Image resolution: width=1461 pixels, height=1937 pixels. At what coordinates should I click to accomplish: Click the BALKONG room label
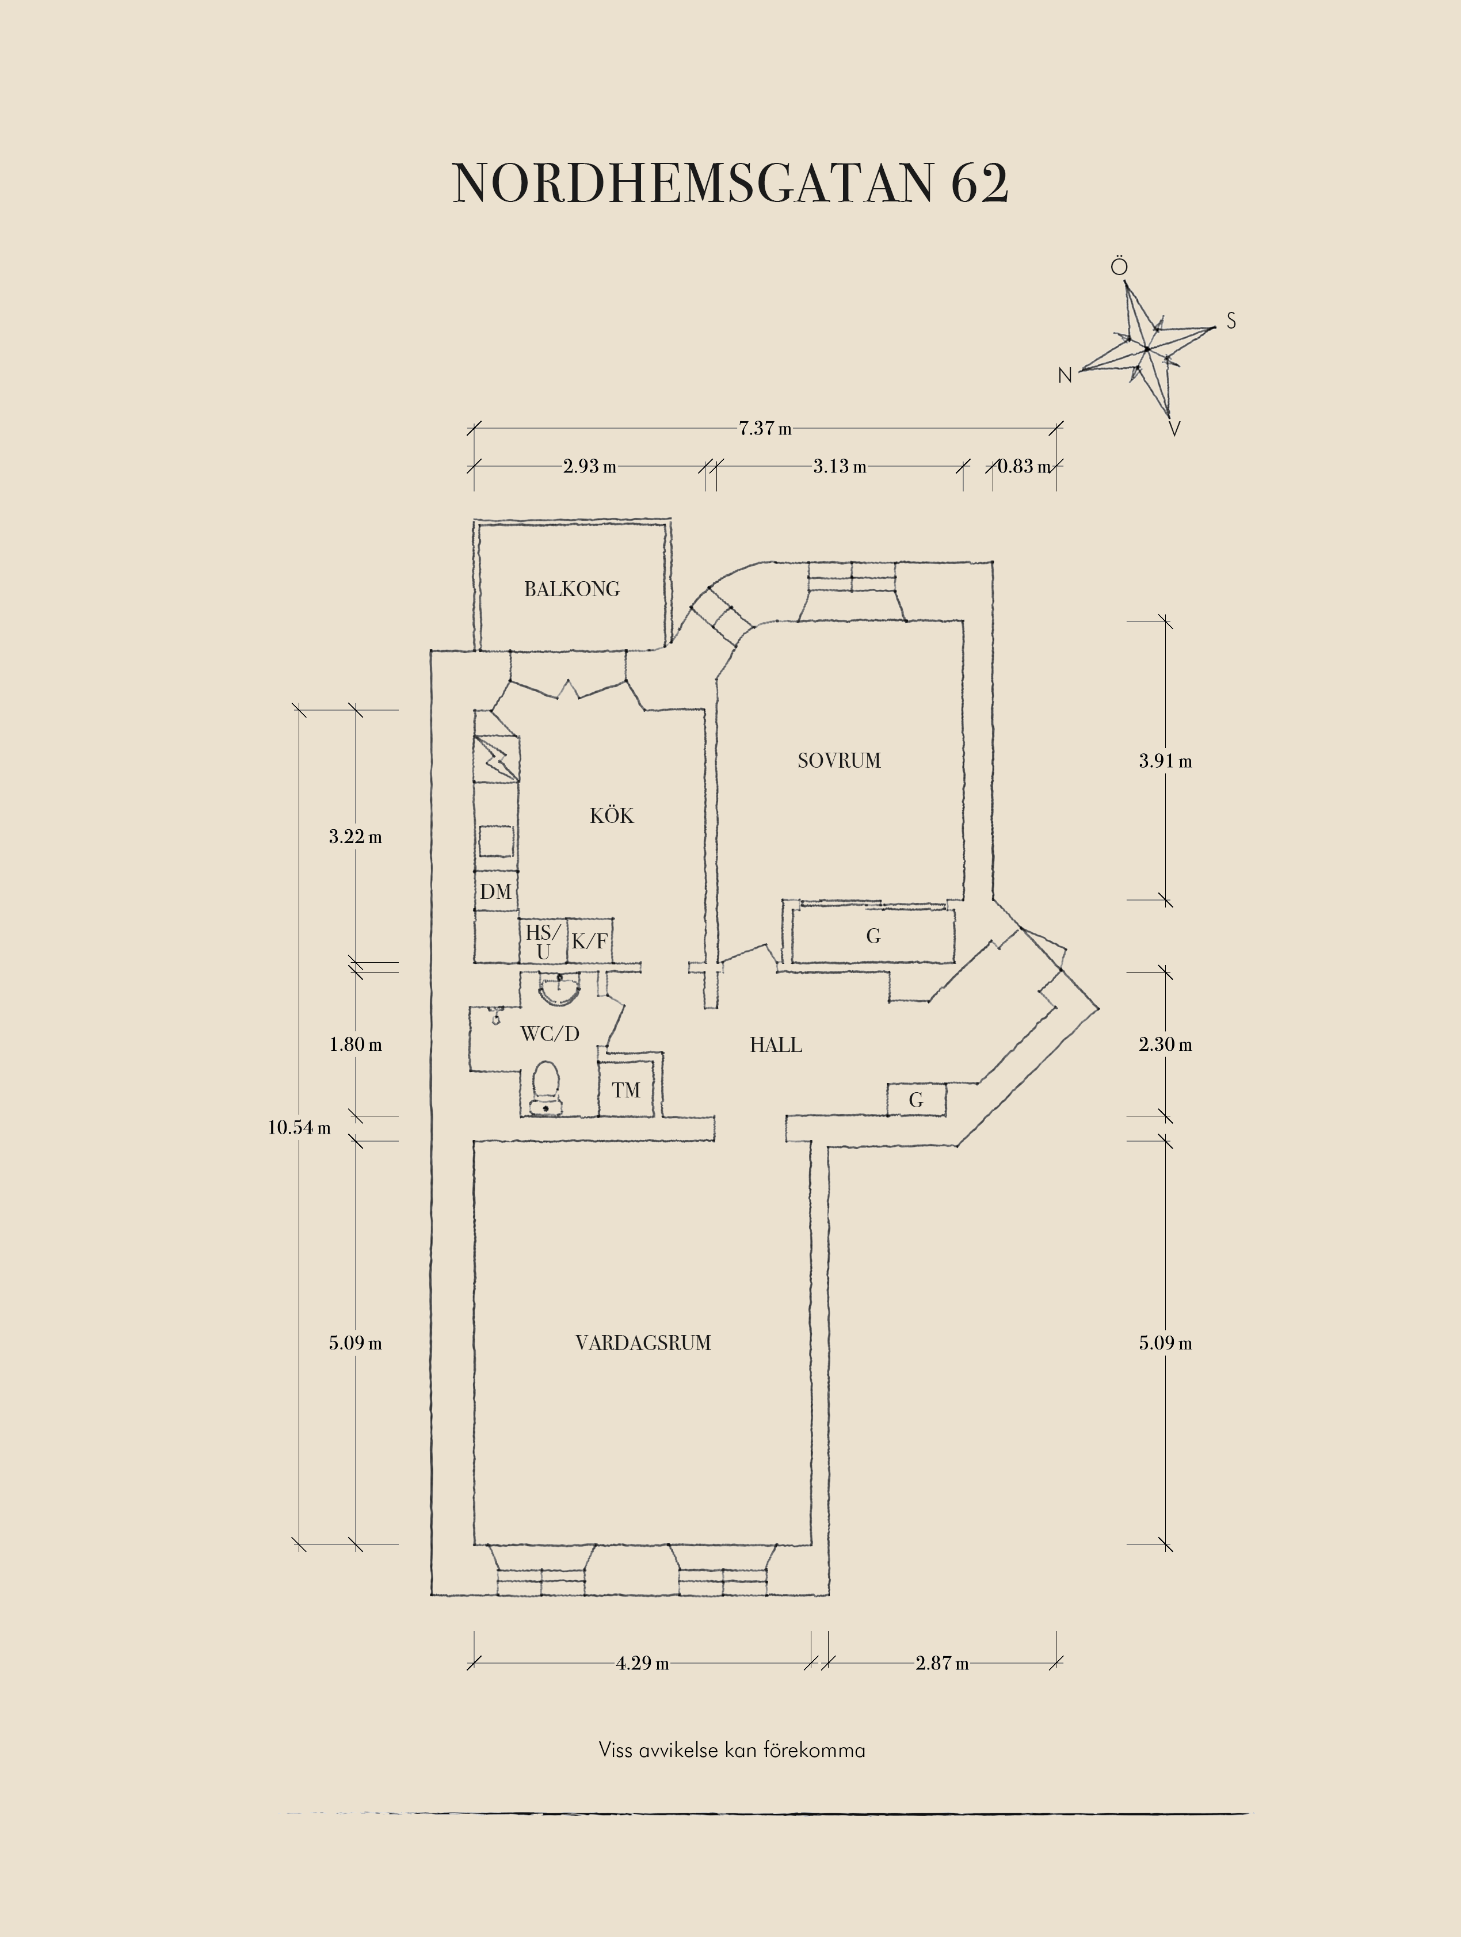[x=571, y=589]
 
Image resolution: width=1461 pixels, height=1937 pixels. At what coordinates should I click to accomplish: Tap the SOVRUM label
[x=838, y=760]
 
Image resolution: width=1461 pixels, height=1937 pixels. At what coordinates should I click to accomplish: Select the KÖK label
[x=611, y=815]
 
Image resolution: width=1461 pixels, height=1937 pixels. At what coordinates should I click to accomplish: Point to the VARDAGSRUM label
[x=643, y=1343]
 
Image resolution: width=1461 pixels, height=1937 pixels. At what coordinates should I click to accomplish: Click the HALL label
[x=776, y=1044]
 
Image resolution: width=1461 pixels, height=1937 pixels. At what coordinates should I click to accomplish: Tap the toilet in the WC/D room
[x=546, y=1088]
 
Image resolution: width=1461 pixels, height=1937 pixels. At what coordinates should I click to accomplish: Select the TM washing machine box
[x=626, y=1088]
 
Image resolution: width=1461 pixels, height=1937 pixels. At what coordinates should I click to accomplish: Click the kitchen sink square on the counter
[x=495, y=841]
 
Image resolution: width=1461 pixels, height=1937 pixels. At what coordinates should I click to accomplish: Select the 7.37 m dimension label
[x=765, y=428]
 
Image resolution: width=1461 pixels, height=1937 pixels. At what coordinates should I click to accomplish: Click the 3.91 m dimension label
[x=1165, y=761]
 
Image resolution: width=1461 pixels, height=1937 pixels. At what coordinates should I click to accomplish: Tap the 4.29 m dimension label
[x=643, y=1663]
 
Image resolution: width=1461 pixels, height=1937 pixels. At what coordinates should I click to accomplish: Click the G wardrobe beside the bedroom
[x=873, y=936]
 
